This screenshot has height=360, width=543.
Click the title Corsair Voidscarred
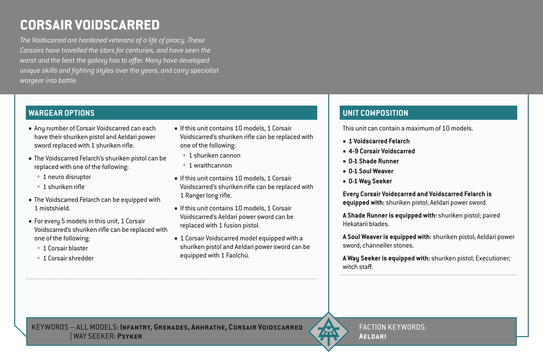click(90, 25)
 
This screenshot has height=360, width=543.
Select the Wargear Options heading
click(61, 113)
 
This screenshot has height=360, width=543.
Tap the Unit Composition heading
click(375, 113)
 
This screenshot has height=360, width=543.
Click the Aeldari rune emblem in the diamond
click(328, 332)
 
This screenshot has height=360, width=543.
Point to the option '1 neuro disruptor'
click(67, 177)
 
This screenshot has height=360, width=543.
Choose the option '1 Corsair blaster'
click(65, 249)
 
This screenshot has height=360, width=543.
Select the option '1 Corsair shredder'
click(68, 258)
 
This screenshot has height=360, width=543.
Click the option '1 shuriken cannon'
click(215, 156)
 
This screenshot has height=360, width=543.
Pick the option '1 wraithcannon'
click(210, 165)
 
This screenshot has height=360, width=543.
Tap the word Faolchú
click(237, 255)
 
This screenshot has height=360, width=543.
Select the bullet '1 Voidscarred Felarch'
click(379, 141)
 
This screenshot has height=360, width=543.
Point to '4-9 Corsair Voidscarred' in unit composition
click(381, 151)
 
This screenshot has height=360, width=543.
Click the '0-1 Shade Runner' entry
click(373, 161)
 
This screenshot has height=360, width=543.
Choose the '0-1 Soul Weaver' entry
click(371, 171)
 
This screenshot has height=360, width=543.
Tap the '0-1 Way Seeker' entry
click(370, 181)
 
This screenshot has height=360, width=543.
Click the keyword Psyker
click(130, 336)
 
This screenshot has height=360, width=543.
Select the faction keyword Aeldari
click(372, 336)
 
